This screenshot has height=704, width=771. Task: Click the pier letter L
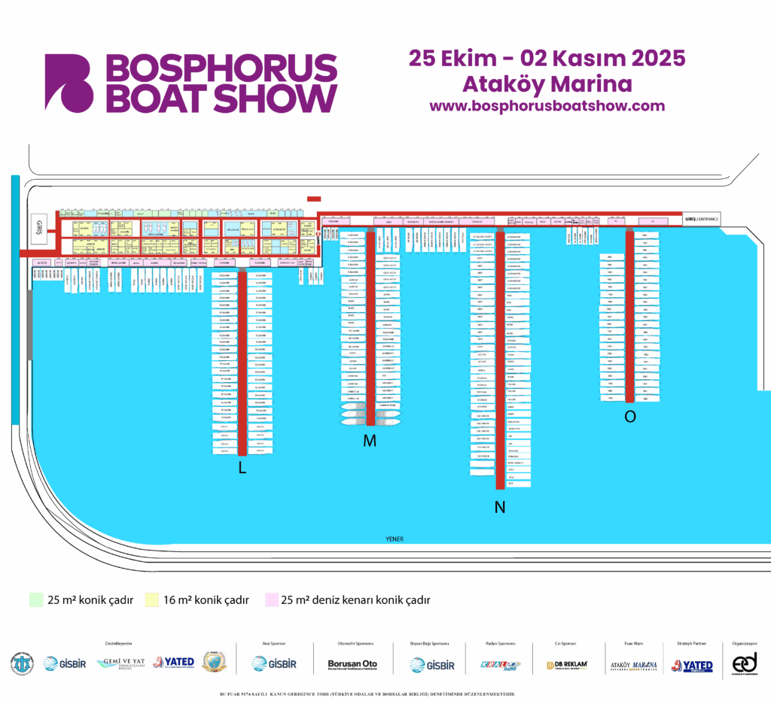[x=242, y=468]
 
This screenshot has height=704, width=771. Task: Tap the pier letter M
[x=369, y=442]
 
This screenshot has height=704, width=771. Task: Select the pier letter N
[x=499, y=508]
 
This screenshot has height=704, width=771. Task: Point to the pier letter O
[x=630, y=417]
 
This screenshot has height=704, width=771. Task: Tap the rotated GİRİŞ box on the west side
[x=40, y=227]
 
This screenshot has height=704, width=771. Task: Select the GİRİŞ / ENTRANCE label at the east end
[x=701, y=219]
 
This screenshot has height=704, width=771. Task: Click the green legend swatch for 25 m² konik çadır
[x=36, y=600]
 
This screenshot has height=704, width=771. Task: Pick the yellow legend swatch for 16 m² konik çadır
[x=152, y=600]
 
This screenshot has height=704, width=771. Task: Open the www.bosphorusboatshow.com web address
[x=547, y=106]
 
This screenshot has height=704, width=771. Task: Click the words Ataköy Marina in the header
[x=547, y=83]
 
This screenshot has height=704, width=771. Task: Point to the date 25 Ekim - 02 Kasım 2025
[x=547, y=58]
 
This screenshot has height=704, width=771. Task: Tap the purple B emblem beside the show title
[x=69, y=82]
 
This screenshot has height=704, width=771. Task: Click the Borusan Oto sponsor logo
[x=352, y=664]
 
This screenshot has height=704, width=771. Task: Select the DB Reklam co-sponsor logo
[x=566, y=665]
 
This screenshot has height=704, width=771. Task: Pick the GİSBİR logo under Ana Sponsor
[x=274, y=663]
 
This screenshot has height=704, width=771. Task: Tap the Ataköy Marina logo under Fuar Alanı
[x=633, y=665]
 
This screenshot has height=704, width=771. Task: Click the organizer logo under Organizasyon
[x=745, y=663]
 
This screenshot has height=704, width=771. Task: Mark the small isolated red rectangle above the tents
[x=314, y=199]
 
